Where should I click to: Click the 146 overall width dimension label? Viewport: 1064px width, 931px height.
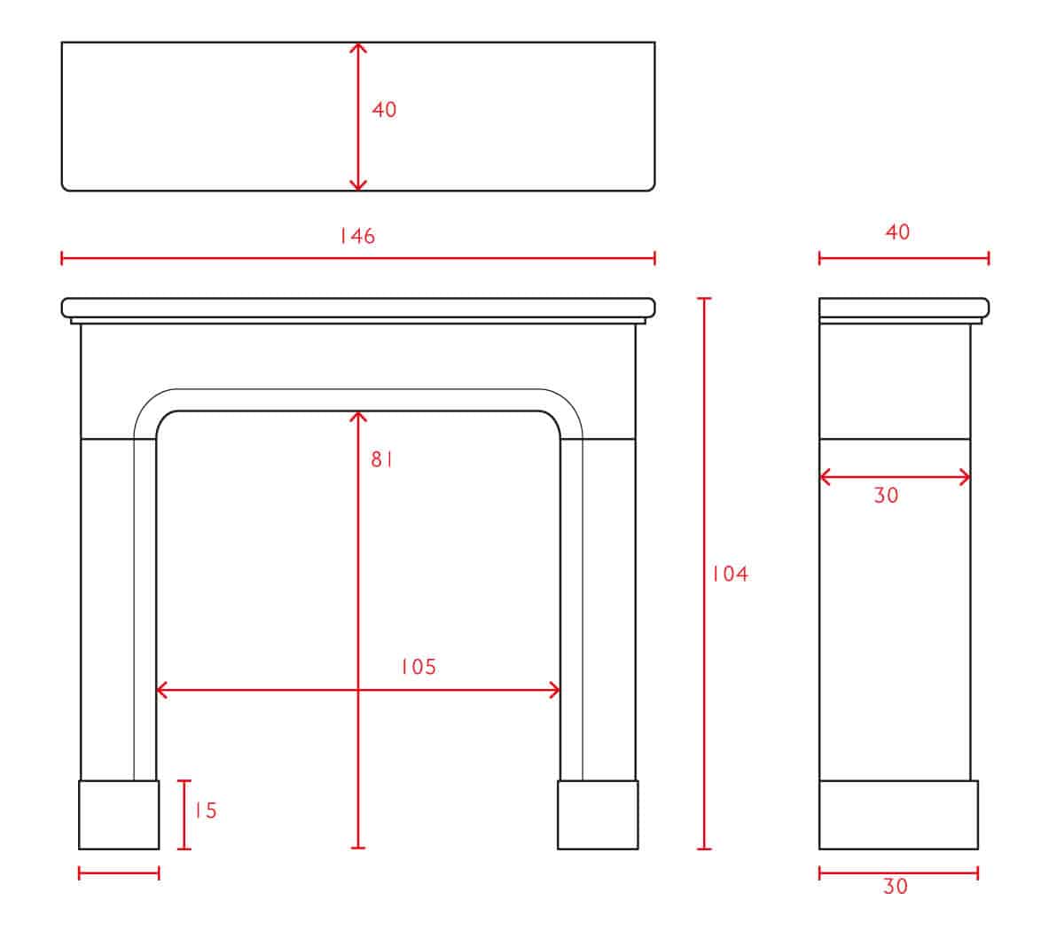[357, 236]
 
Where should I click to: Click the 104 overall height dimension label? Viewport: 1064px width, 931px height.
[730, 575]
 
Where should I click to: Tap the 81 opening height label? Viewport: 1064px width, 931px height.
[381, 459]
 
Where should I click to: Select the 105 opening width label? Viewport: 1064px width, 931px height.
[419, 667]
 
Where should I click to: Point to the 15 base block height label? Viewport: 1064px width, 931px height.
[206, 810]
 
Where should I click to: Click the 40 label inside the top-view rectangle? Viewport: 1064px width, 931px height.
[384, 110]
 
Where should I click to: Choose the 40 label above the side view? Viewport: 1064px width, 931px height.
[897, 232]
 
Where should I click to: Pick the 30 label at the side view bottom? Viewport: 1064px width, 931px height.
[896, 887]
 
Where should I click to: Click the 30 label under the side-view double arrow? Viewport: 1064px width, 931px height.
[886, 495]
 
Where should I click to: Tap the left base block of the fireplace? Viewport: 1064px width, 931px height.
[119, 815]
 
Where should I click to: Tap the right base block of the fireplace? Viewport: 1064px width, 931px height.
[598, 815]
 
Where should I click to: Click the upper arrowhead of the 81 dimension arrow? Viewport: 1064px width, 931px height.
[358, 416]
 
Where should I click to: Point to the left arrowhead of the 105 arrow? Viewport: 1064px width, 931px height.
[161, 690]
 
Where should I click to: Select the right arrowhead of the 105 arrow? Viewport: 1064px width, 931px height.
[554, 690]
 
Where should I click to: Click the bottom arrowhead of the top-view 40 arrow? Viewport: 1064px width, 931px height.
[358, 185]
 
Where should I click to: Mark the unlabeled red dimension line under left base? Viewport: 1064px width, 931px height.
[119, 873]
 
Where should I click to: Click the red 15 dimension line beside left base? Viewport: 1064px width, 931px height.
[184, 815]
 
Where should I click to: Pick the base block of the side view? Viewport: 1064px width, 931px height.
[898, 815]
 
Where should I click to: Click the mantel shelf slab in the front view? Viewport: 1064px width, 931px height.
[358, 308]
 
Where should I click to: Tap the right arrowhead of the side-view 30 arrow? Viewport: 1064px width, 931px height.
[965, 477]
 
